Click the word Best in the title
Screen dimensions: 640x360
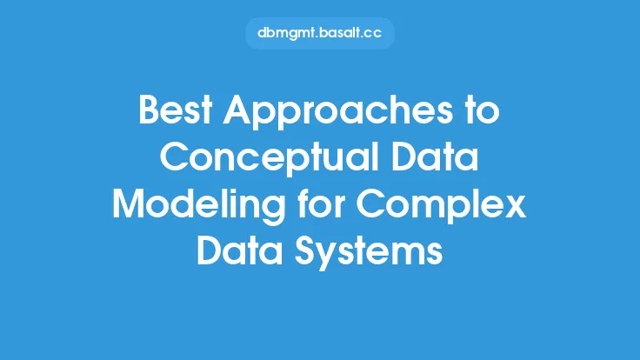176,110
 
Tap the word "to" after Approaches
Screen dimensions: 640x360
482,110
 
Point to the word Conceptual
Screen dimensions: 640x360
270,159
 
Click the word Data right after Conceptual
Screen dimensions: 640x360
435,157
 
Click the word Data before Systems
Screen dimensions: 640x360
240,250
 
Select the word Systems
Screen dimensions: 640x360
369,253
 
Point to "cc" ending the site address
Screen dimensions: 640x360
373,34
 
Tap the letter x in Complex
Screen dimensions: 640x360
514,208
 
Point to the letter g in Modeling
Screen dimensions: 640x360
274,212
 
